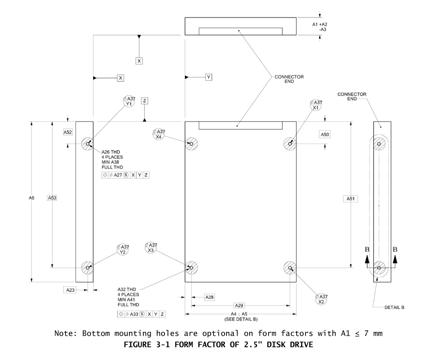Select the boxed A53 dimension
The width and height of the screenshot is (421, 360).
tap(52, 198)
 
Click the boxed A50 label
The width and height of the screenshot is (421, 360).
tap(325, 134)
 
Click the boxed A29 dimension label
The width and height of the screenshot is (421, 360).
tap(239, 305)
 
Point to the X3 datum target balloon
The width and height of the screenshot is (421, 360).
tap(151, 248)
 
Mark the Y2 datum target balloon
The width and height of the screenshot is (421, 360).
tap(123, 249)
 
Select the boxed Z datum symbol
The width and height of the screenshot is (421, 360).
tap(144, 100)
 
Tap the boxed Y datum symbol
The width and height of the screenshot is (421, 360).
tap(208, 77)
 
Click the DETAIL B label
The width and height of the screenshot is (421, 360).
tap(394, 308)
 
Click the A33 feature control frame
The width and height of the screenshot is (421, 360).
tap(142, 314)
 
